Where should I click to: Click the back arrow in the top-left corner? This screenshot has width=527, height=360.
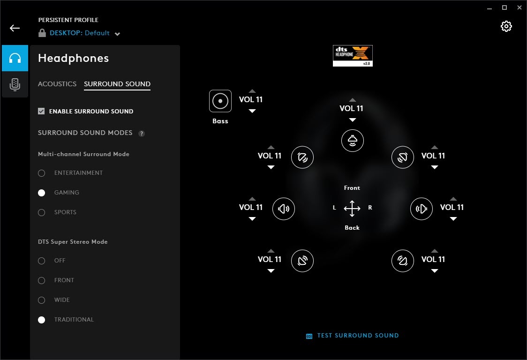pos(15,28)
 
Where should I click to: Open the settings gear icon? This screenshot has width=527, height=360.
pos(506,26)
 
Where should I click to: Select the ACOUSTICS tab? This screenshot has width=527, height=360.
pos(57,84)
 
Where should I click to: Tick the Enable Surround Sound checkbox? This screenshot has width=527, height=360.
pos(41,111)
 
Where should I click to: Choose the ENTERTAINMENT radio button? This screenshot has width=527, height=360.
pos(42,173)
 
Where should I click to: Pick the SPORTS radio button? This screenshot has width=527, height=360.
pos(42,212)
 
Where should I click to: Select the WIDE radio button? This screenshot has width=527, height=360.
pos(42,300)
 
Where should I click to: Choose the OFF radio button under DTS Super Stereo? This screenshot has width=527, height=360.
pos(42,261)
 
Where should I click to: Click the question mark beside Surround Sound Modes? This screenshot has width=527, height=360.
pos(142,134)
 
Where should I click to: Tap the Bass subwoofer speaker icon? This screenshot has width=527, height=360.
pos(220,101)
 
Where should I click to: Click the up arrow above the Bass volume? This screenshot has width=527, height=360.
pos(252,91)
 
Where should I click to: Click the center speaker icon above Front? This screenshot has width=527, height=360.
pos(353,141)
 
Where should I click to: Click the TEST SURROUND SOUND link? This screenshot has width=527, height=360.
pos(358,336)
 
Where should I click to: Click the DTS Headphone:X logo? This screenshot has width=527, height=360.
pos(353,56)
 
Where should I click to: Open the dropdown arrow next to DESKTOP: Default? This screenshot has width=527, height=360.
pos(117,34)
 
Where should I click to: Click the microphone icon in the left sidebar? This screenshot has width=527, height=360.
pos(15,84)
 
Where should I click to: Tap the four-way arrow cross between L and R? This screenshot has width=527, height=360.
pos(352,209)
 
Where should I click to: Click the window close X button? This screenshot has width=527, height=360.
pos(519,7)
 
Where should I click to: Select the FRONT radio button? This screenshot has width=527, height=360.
pos(42,281)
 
